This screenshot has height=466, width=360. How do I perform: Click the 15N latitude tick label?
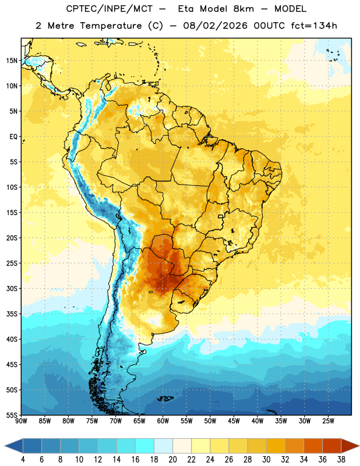click(x=12, y=61)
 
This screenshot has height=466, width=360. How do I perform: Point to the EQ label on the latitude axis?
click(x=13, y=137)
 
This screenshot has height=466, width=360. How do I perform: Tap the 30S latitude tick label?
click(x=12, y=288)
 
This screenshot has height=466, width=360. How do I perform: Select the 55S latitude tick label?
click(x=12, y=415)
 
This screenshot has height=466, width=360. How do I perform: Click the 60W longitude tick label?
click(x=163, y=421)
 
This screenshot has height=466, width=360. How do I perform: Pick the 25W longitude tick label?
click(x=328, y=421)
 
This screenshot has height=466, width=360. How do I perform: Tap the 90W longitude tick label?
click(x=21, y=421)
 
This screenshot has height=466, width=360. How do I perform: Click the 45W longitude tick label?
click(x=234, y=421)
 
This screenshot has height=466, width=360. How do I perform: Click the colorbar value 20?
click(x=172, y=460)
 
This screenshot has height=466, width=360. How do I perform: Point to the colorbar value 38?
click(x=341, y=460)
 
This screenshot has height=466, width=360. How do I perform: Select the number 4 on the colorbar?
click(x=23, y=460)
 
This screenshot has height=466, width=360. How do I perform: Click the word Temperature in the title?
click(x=111, y=26)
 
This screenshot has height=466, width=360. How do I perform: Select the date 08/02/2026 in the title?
click(x=215, y=26)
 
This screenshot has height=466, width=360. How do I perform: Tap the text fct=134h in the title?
click(x=314, y=26)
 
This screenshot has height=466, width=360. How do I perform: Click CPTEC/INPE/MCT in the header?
click(x=109, y=9)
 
